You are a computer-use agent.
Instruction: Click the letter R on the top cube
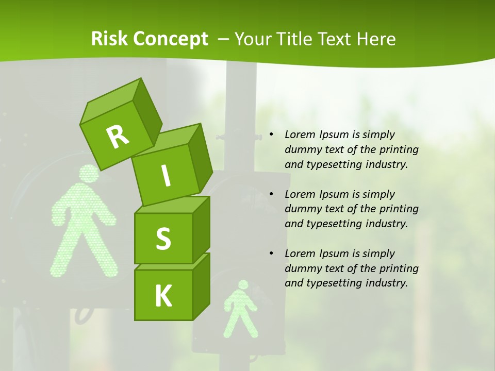[118, 137]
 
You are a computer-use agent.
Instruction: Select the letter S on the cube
[163, 239]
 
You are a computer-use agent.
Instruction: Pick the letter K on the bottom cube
[163, 296]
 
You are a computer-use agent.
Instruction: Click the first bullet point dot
[272, 134]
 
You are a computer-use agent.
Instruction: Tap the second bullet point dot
[272, 194]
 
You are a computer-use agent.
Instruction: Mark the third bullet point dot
[272, 254]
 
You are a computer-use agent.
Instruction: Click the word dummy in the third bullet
[302, 268]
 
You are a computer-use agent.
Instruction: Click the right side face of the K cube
[201, 286]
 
